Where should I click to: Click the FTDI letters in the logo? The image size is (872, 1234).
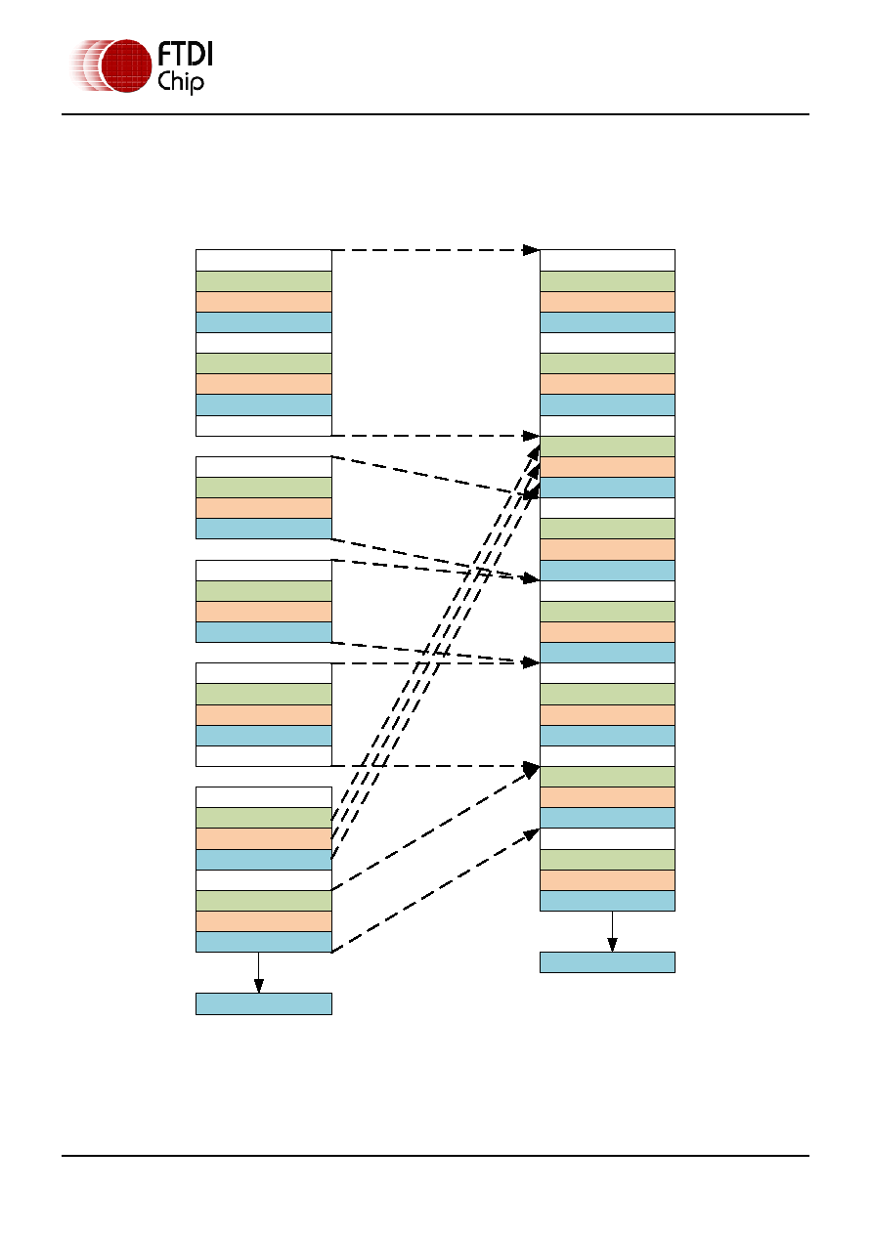(x=185, y=54)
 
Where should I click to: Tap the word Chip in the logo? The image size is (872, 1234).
(x=181, y=81)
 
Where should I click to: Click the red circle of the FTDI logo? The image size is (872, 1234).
(x=126, y=65)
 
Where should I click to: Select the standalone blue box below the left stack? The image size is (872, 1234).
(x=264, y=1003)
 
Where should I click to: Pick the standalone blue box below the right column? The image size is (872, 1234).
(x=607, y=961)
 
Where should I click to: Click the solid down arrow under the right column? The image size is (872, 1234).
(x=612, y=931)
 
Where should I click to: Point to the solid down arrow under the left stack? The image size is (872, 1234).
(x=258, y=972)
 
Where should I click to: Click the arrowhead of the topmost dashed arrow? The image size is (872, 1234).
(x=531, y=250)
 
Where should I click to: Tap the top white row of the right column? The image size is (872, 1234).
(x=607, y=260)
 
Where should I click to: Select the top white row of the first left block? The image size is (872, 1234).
(x=264, y=260)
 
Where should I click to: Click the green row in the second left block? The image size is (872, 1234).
(x=264, y=488)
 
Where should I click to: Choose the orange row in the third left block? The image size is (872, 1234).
(x=264, y=612)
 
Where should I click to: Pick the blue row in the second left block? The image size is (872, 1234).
(x=264, y=529)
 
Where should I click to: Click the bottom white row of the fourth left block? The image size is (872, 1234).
(x=264, y=756)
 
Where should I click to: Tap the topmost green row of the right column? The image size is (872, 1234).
(x=607, y=281)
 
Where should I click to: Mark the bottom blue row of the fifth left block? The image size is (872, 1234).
(x=264, y=942)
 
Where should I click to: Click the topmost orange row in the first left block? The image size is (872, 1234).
(x=264, y=302)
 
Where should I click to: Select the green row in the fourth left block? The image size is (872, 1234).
(x=264, y=694)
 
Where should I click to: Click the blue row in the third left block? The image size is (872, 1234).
(x=264, y=632)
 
